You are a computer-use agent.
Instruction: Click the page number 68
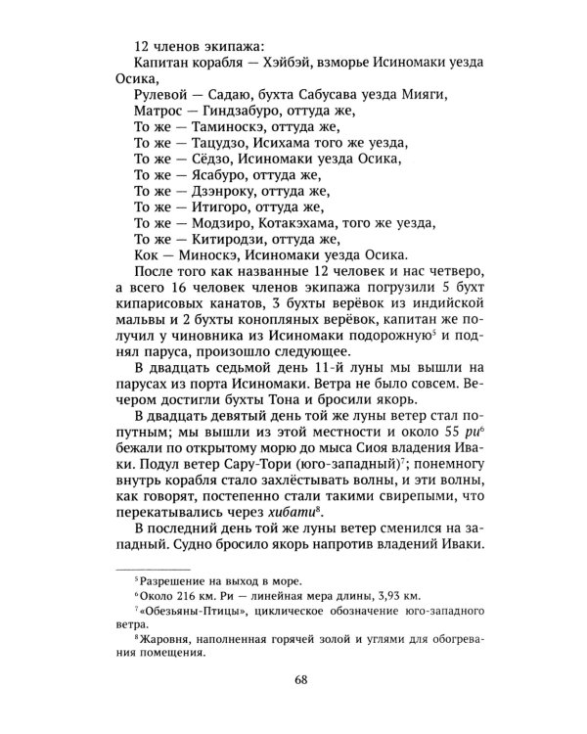293,678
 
